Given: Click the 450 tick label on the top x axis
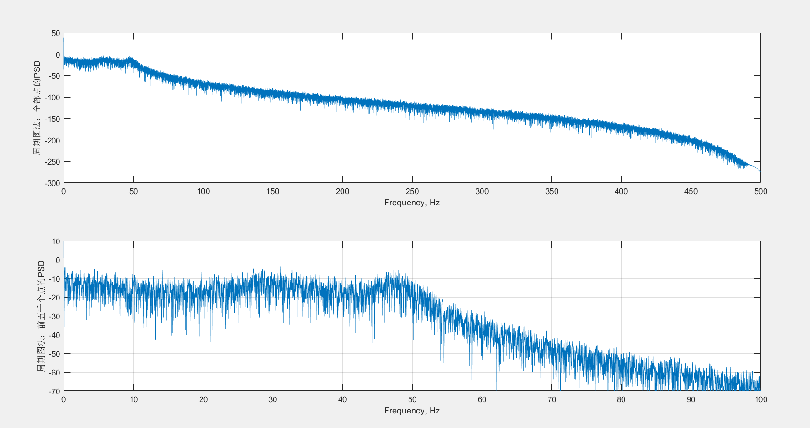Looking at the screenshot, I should pyautogui.click(x=691, y=191).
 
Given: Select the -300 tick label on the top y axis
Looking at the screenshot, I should pyautogui.click(x=52, y=183).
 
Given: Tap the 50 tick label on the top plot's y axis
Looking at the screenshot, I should pyautogui.click(x=56, y=33).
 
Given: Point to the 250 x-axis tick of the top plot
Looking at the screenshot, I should pyautogui.click(x=412, y=191).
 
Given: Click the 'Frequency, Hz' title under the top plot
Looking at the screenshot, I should pyautogui.click(x=412, y=203).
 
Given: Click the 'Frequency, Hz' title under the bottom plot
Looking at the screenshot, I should pyautogui.click(x=412, y=411).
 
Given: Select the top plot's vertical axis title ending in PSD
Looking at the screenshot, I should pyautogui.click(x=37, y=108).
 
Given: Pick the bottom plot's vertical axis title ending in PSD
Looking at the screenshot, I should pyautogui.click(x=41, y=316).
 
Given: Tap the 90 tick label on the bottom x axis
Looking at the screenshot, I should pyautogui.click(x=691, y=399).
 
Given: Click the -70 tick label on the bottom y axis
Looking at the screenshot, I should pyautogui.click(x=55, y=391).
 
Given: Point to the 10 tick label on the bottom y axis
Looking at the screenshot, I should pyautogui.click(x=56, y=241).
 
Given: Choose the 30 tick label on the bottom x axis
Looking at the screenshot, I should pyautogui.click(x=273, y=399).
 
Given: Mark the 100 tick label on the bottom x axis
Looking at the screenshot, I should pyautogui.click(x=761, y=399).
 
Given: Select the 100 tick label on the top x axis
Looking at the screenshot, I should pyautogui.click(x=203, y=191).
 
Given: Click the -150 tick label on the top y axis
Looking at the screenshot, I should pyautogui.click(x=52, y=119).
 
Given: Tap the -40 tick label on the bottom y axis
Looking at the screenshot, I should pyautogui.click(x=55, y=335).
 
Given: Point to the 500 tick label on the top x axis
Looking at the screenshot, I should pyautogui.click(x=761, y=191).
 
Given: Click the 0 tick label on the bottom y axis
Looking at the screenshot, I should pyautogui.click(x=58, y=260).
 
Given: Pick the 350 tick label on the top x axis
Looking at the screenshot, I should pyautogui.click(x=552, y=191).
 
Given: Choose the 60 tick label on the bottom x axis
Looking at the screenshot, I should pyautogui.click(x=482, y=399).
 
